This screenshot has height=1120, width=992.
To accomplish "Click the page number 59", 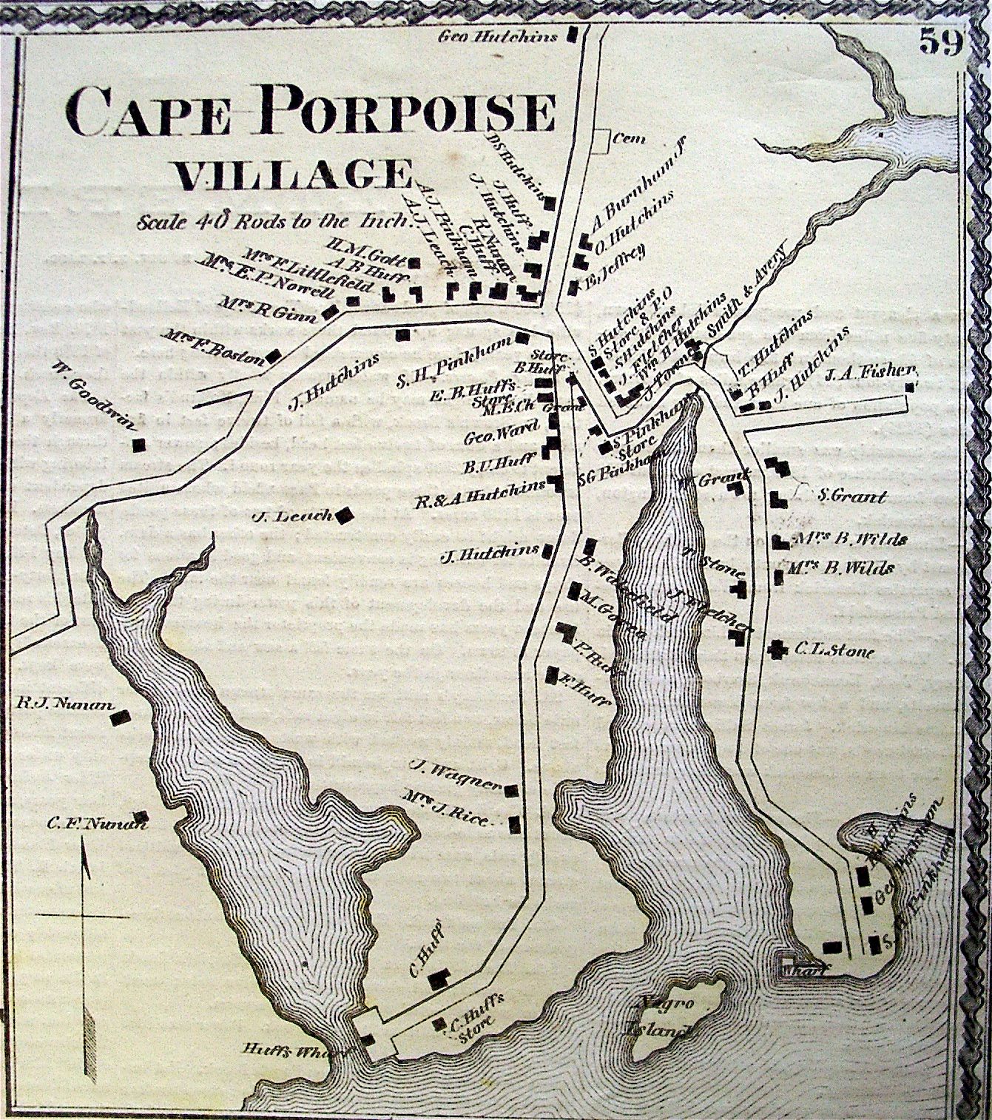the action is click(940, 42).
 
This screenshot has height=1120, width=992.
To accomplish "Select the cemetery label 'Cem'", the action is click(630, 138).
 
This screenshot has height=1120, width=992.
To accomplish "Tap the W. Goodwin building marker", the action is click(138, 445).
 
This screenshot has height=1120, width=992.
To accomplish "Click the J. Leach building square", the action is click(343, 516).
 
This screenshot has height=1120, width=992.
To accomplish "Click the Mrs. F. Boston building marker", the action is click(273, 356).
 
